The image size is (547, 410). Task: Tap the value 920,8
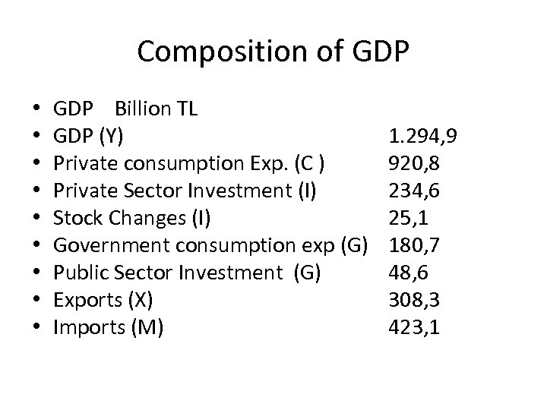coord(413,163)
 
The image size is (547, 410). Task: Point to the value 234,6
coord(413,191)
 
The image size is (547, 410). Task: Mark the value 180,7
coord(413,245)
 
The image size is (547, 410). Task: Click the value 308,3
coord(413,300)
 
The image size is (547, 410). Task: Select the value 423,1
coord(413,327)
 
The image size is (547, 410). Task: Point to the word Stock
coord(76,218)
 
